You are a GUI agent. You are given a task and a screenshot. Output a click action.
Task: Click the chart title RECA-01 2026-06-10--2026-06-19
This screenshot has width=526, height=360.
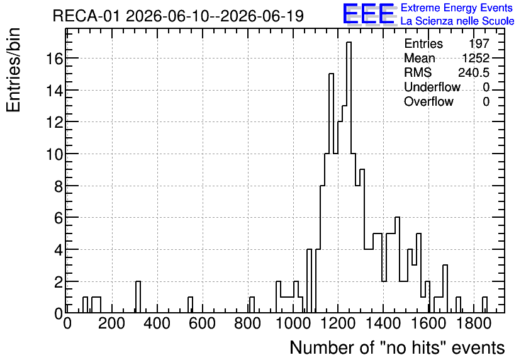[178, 16]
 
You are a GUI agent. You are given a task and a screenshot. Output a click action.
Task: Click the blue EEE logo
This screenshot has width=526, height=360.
[369, 14]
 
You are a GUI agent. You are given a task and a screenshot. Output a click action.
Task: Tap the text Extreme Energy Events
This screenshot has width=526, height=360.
[457, 8]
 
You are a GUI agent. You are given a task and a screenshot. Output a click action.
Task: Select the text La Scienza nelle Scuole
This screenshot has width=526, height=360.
[457, 21]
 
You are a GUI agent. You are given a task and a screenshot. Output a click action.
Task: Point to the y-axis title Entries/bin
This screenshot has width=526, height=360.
[14, 70]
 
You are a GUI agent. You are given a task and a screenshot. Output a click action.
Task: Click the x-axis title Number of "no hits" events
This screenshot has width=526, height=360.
[397, 347]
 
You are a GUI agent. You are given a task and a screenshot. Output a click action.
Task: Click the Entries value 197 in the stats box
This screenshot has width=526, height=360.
[479, 43]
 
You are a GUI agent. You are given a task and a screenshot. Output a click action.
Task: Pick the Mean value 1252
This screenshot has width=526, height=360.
[476, 58]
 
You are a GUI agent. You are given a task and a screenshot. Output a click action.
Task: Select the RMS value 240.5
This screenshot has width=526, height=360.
[474, 72]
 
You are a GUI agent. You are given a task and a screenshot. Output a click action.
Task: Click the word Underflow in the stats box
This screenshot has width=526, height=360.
[432, 87]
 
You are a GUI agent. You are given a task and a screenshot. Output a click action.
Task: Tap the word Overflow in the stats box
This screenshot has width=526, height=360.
[428, 101]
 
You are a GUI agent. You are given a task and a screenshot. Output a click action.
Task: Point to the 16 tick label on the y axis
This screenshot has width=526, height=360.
[54, 59]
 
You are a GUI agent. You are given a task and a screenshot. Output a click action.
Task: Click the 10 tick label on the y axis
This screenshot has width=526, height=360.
[54, 154]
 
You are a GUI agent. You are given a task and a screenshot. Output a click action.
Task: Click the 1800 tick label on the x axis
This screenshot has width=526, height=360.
[474, 323]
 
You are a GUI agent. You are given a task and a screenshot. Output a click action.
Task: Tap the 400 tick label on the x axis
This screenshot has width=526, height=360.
[157, 323]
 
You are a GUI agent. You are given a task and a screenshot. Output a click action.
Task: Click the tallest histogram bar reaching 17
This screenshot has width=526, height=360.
[349, 177]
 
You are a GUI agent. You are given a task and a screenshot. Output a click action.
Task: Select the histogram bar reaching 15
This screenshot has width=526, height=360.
[332, 193]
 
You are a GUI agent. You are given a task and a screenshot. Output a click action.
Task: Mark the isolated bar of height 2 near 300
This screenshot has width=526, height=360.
[138, 297]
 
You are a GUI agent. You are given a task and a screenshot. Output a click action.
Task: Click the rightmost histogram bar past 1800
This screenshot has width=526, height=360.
[484, 305]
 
